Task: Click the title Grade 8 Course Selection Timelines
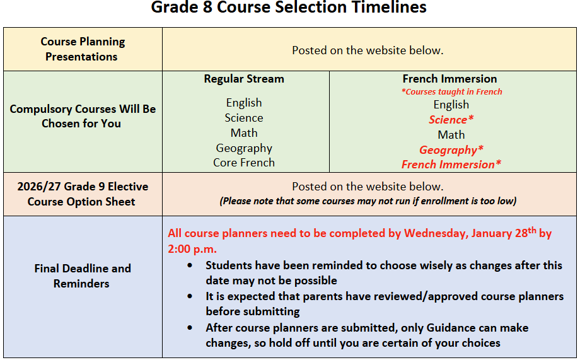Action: tap(289, 8)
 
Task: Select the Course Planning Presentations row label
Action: tap(83, 49)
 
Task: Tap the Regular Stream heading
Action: tap(244, 79)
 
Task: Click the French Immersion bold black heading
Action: tap(449, 79)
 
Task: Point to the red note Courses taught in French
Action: tap(452, 91)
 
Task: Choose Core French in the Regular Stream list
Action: tap(244, 163)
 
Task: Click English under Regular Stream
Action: tap(244, 103)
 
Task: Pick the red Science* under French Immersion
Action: tap(451, 120)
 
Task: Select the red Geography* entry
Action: tap(451, 150)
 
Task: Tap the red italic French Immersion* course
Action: tap(451, 165)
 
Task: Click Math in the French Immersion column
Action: tap(451, 135)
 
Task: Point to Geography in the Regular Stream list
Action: tap(244, 148)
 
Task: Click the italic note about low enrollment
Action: tap(368, 201)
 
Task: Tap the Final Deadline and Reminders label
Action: tap(83, 276)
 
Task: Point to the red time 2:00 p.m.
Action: tap(192, 249)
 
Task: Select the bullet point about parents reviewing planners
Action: tap(385, 304)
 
